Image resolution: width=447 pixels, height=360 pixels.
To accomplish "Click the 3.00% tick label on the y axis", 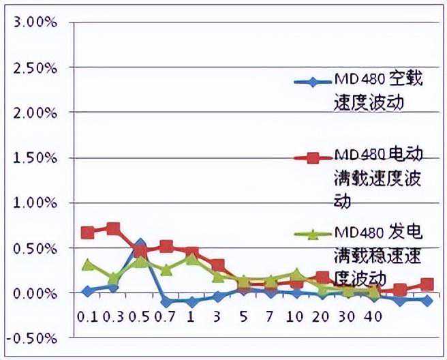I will pyautogui.click(x=33, y=22).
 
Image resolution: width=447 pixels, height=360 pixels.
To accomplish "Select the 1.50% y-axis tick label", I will pyautogui.click(x=33, y=157).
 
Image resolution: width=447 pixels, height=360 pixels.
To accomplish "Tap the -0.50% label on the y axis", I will pyautogui.click(x=31, y=337).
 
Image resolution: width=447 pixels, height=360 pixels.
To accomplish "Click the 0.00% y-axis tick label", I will pyautogui.click(x=33, y=292).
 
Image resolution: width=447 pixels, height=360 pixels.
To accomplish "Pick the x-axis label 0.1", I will pyautogui.click(x=87, y=317).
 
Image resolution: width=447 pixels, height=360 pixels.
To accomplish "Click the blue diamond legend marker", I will pyautogui.click(x=312, y=83).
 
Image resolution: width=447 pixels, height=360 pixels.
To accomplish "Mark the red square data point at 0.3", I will pyautogui.click(x=113, y=228).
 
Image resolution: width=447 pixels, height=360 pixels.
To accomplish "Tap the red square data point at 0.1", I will pyautogui.click(x=87, y=232).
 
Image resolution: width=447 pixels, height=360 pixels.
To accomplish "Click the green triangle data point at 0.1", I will pyautogui.click(x=87, y=265).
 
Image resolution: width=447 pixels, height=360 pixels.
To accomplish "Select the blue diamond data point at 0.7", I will pyautogui.click(x=166, y=302).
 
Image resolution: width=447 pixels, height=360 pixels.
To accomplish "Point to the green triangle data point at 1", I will pyautogui.click(x=191, y=259).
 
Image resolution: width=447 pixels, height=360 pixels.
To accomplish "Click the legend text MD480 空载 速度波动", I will pyautogui.click(x=379, y=91).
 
